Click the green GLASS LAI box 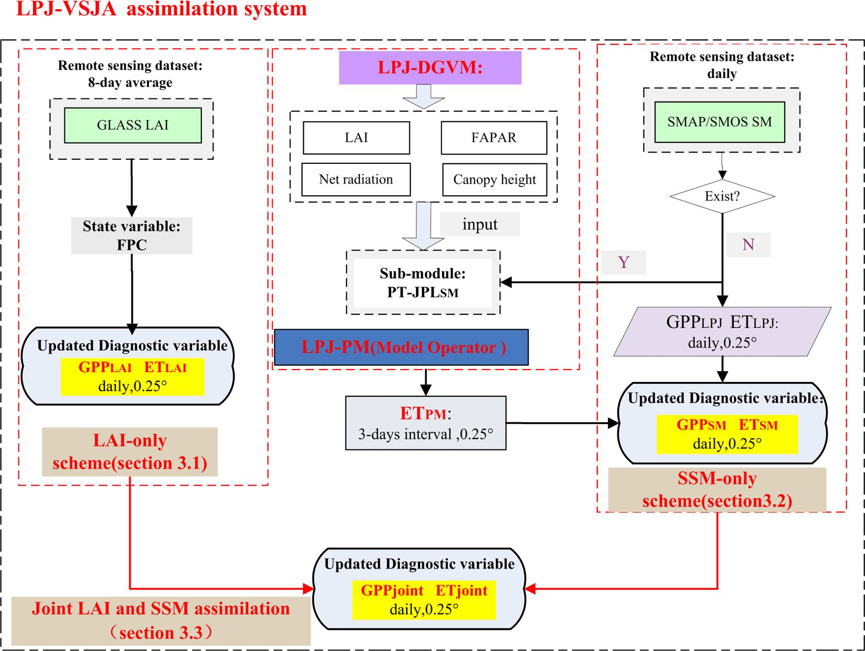(x=132, y=125)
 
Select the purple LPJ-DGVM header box (x=430, y=68)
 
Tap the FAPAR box (x=494, y=138)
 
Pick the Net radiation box (x=356, y=179)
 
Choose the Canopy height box (x=494, y=180)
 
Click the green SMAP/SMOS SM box (x=719, y=122)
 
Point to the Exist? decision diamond (x=722, y=196)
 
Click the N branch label (x=748, y=244)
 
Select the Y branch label (x=624, y=262)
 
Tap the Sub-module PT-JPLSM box (x=423, y=282)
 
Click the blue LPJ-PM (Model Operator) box (x=401, y=347)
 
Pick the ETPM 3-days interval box (x=425, y=423)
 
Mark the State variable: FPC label (x=132, y=236)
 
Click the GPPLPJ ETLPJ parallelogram (x=722, y=332)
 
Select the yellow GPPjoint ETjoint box (x=424, y=599)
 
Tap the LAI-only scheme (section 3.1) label (x=130, y=452)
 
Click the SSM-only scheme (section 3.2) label (x=717, y=490)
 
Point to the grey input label (x=480, y=225)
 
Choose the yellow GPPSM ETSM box (x=726, y=434)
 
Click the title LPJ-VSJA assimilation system (x=161, y=9)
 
